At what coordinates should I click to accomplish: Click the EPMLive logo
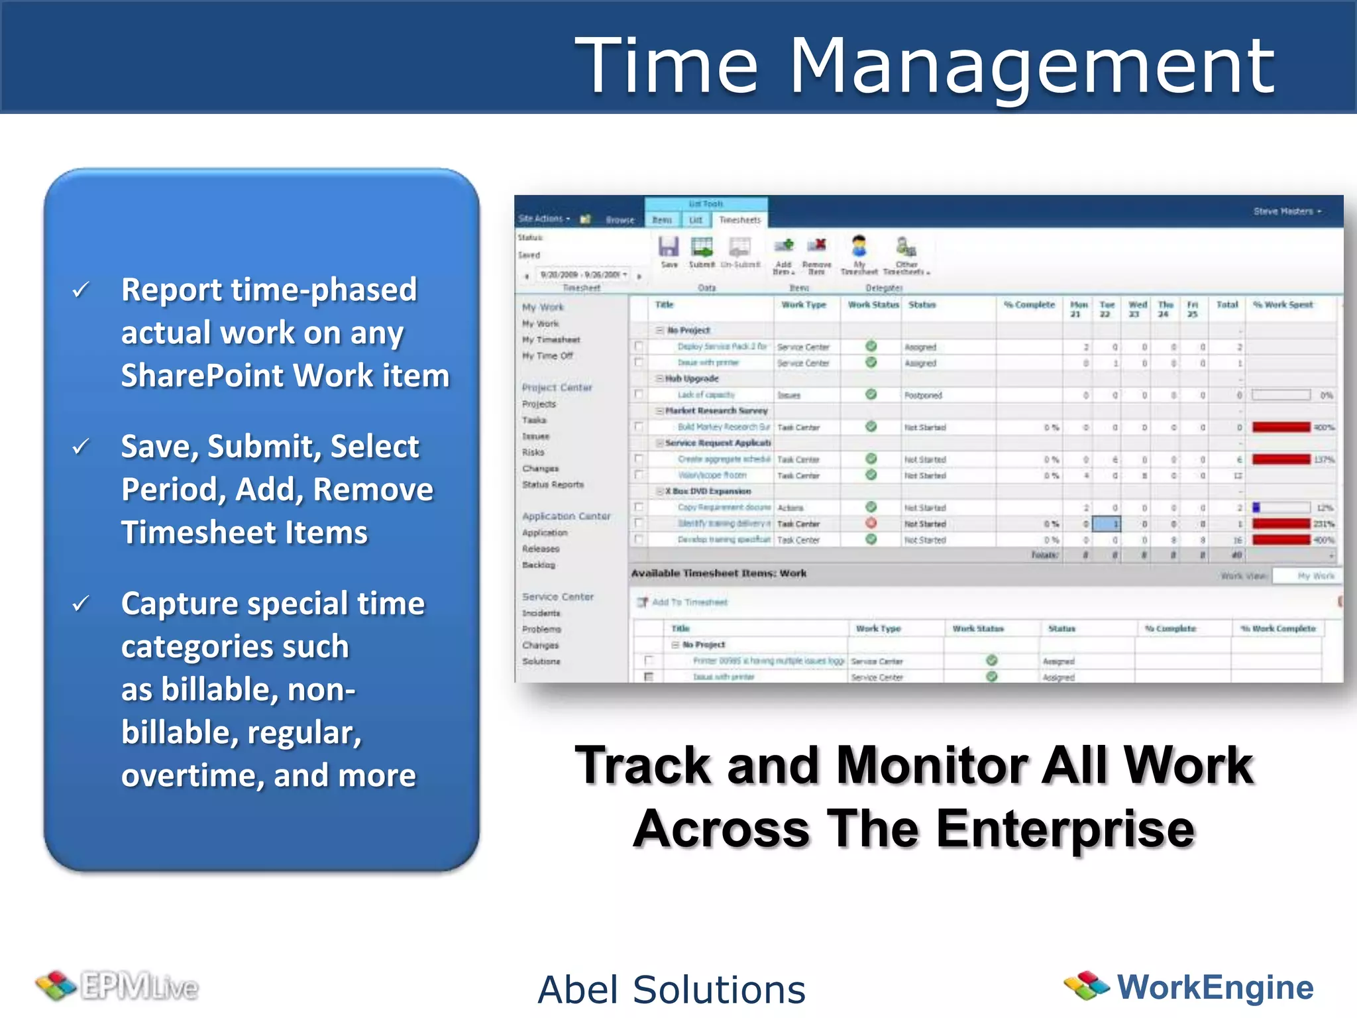click(118, 986)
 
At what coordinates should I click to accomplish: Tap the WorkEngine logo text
click(1215, 987)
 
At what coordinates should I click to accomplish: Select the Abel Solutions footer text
click(671, 990)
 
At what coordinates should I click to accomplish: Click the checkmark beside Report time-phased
click(81, 290)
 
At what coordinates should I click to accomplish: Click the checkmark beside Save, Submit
click(81, 447)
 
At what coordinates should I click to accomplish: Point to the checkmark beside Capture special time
click(81, 604)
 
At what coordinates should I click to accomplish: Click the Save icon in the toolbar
click(669, 248)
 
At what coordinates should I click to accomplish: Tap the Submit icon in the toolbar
click(702, 248)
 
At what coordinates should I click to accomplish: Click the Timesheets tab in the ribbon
click(739, 220)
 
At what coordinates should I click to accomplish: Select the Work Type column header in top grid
click(804, 305)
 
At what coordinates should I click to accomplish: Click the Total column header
click(1227, 305)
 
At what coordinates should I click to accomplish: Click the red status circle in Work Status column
click(871, 524)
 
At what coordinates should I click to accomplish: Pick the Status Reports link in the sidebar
click(553, 484)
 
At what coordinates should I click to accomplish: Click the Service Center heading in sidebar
click(557, 596)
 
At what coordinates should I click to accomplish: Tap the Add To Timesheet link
click(689, 602)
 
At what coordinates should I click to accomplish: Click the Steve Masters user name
click(1283, 211)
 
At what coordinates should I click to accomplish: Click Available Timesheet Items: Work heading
click(718, 573)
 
